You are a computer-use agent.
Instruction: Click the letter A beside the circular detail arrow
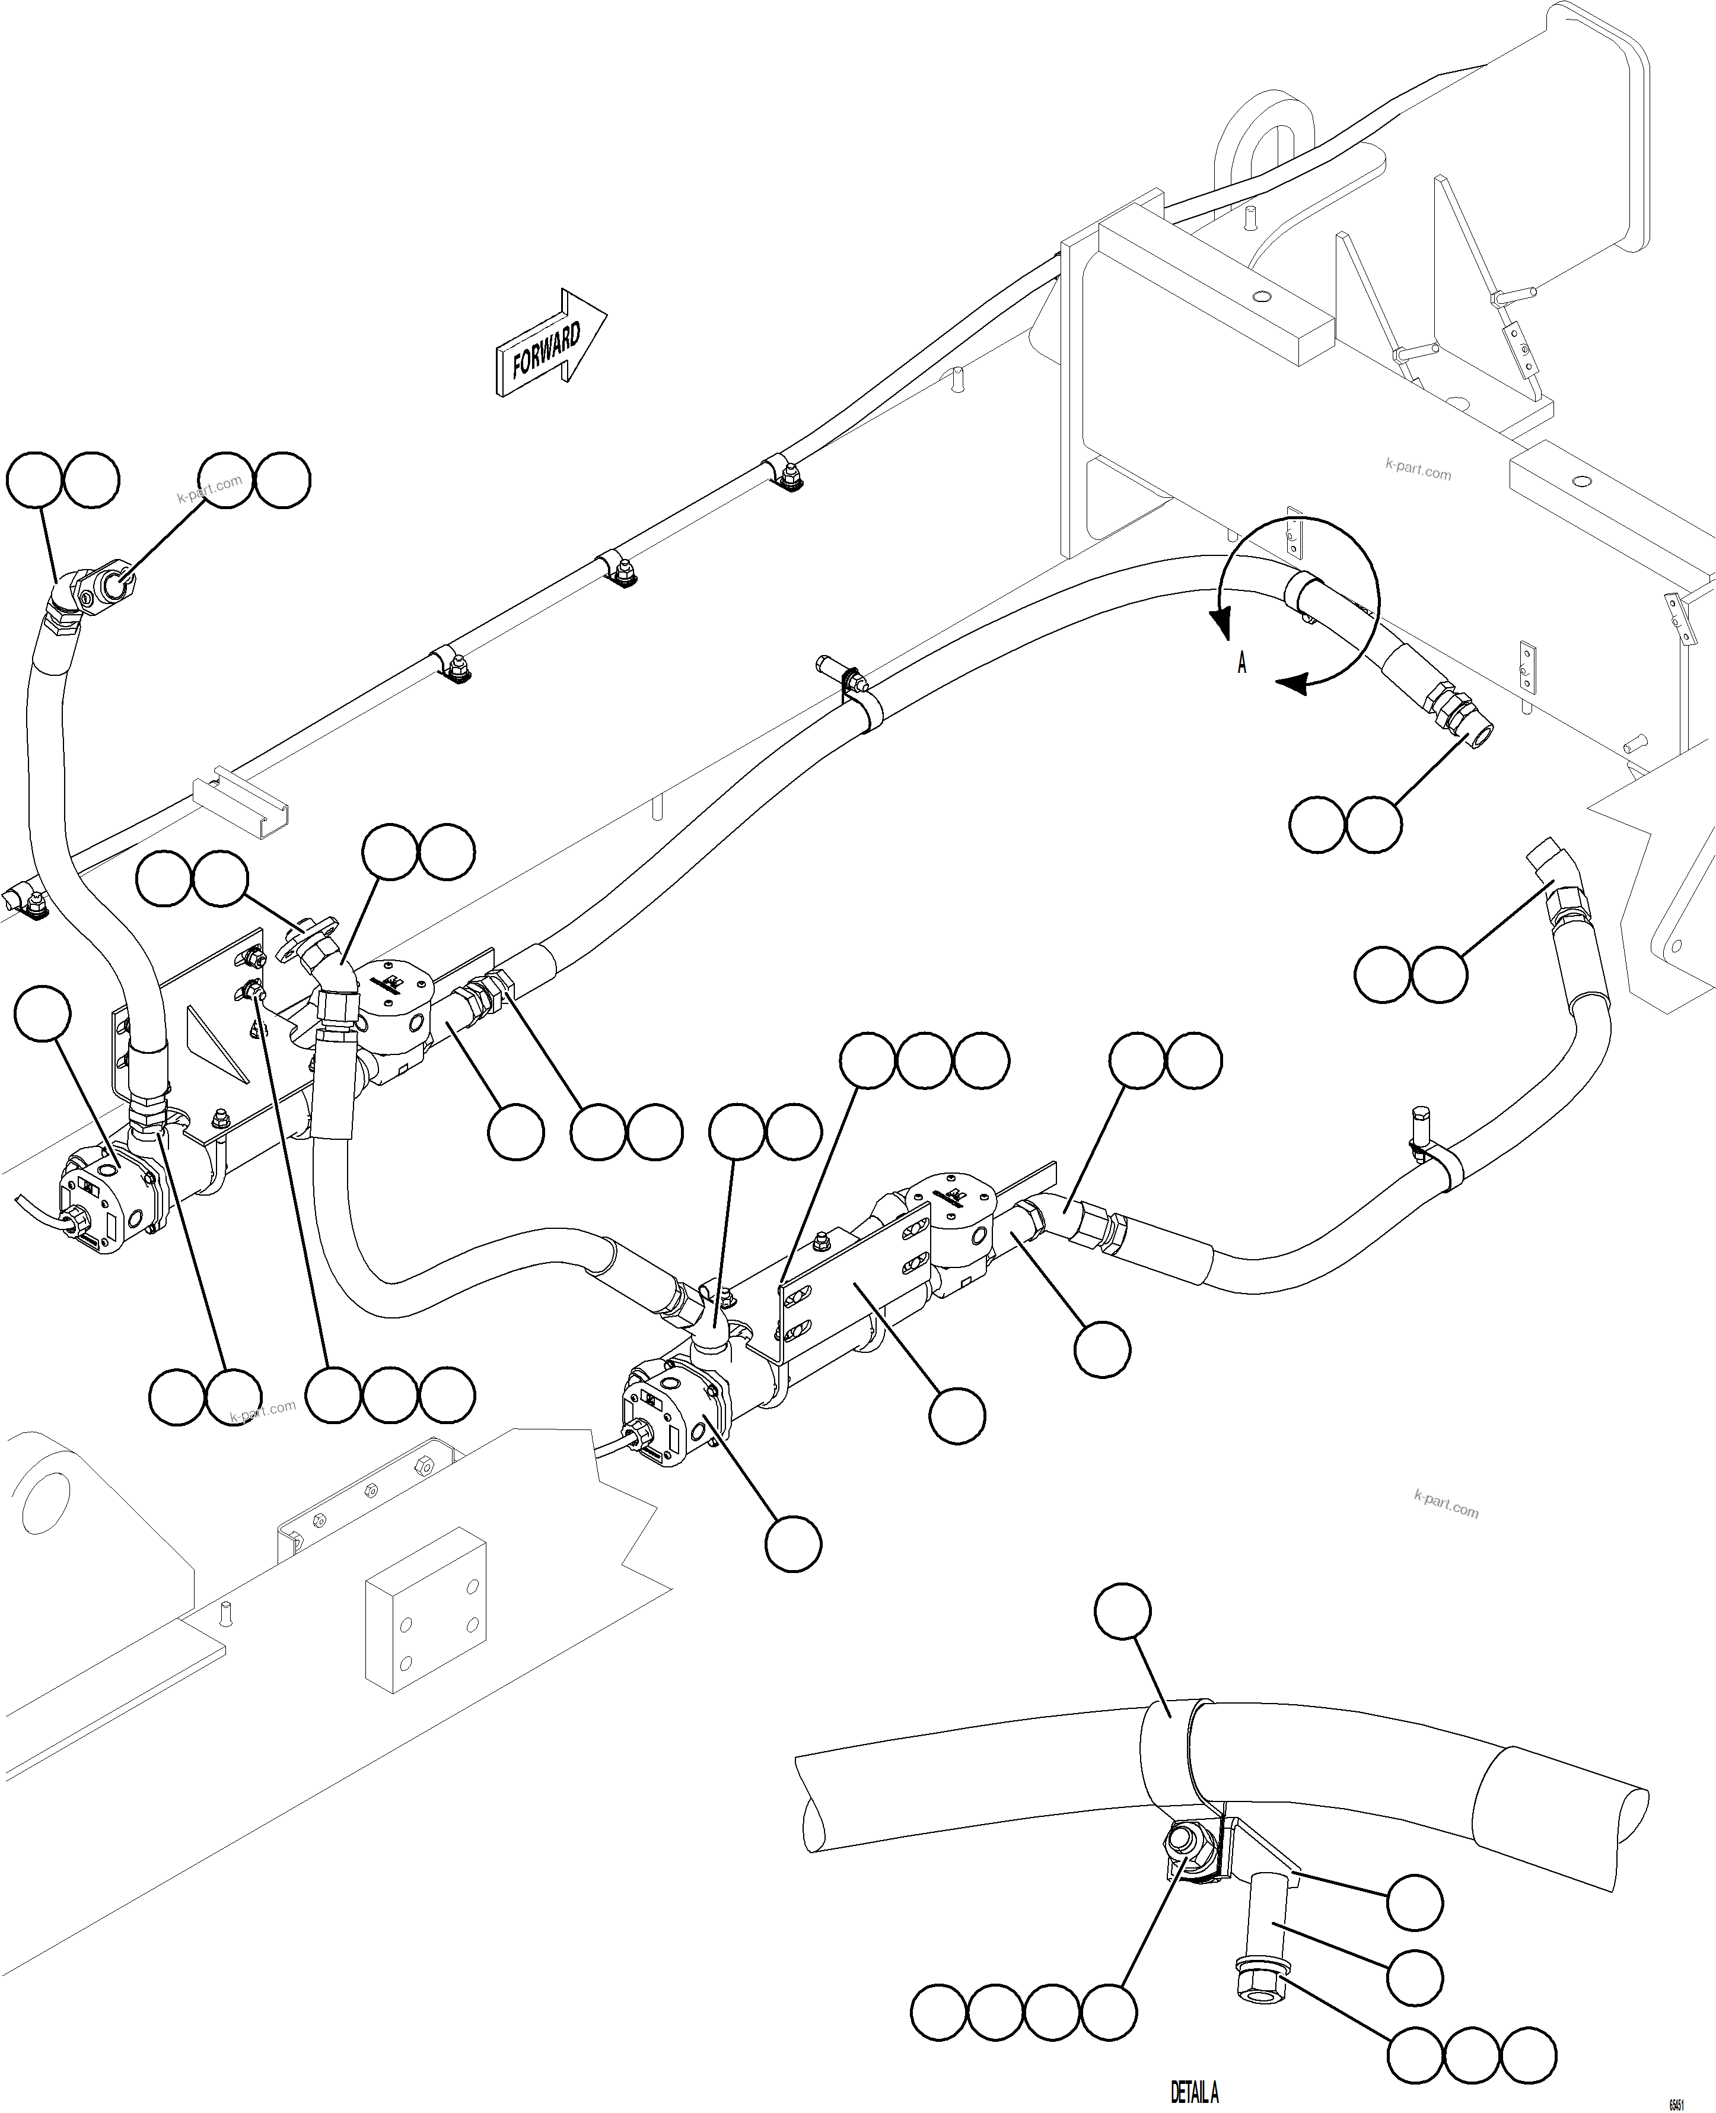point(1241,663)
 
